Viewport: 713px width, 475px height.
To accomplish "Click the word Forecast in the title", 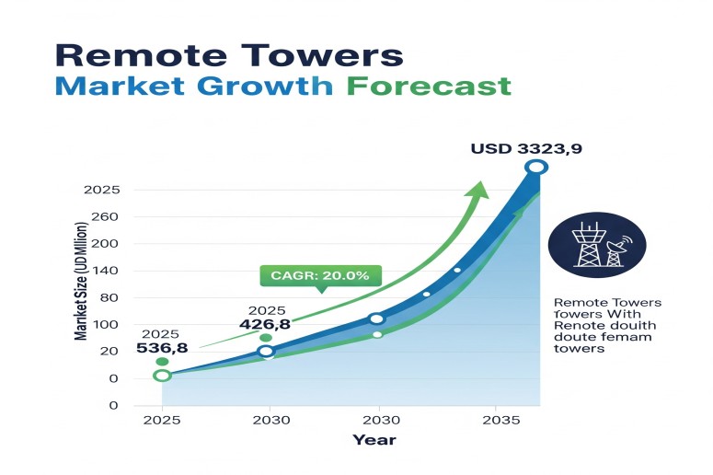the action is click(429, 86).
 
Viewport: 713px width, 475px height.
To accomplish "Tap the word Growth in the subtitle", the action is click(265, 86).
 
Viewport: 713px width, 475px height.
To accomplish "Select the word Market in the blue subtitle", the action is click(120, 86).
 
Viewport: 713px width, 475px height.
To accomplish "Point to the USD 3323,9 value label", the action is click(526, 149).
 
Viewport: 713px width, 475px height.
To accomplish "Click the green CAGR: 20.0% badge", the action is click(320, 276).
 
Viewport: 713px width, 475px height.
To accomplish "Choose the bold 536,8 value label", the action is click(162, 348).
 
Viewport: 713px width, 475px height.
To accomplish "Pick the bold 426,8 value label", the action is click(265, 324).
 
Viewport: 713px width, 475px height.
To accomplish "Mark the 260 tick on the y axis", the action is click(105, 216).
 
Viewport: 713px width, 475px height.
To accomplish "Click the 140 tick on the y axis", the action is click(105, 271).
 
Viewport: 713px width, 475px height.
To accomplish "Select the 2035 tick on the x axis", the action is click(501, 420).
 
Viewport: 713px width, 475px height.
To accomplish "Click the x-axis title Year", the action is click(374, 440).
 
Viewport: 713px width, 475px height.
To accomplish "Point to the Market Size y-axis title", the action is click(80, 281).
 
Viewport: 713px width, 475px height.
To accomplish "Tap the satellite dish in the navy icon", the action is click(617, 250).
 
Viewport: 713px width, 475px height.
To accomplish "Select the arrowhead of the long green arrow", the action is click(477, 191).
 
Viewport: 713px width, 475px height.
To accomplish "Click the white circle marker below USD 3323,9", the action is click(536, 167).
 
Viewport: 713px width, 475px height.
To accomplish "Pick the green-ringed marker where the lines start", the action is click(162, 376).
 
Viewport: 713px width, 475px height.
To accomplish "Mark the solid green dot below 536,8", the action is click(162, 362).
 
